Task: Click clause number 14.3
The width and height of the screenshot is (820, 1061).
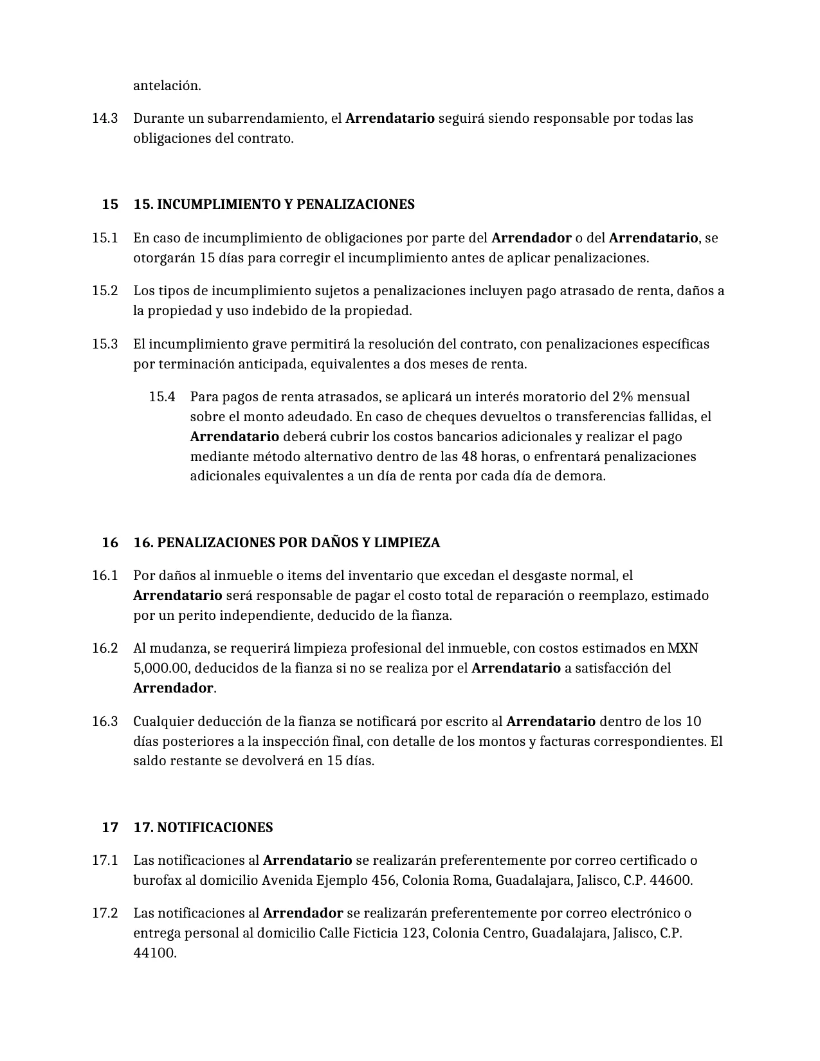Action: [x=105, y=118]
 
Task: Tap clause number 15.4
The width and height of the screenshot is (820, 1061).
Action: [x=162, y=397]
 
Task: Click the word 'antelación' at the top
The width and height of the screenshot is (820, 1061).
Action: [x=167, y=86]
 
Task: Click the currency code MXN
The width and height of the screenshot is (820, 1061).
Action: [x=683, y=648]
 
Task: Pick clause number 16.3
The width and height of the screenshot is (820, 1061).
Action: [x=105, y=721]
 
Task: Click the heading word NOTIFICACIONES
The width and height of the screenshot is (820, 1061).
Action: [x=215, y=828]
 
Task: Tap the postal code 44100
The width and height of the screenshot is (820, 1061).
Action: [x=154, y=953]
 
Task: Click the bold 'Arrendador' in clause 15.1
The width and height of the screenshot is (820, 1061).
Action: [x=531, y=238]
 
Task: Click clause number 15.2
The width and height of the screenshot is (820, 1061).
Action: [x=105, y=291]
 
